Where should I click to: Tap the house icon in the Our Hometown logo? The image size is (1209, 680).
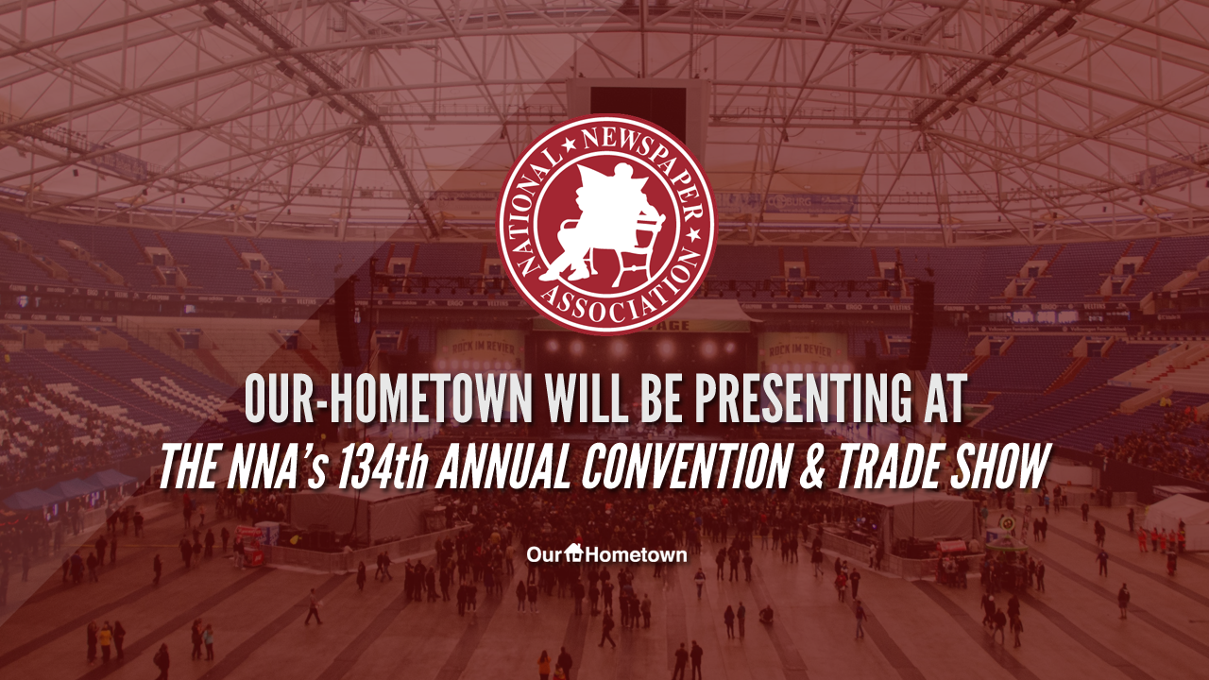[574, 552]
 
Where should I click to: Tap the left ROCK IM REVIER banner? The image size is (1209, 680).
[482, 348]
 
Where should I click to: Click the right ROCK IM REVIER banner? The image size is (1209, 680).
[800, 351]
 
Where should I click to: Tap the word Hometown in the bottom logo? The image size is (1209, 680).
[637, 554]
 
